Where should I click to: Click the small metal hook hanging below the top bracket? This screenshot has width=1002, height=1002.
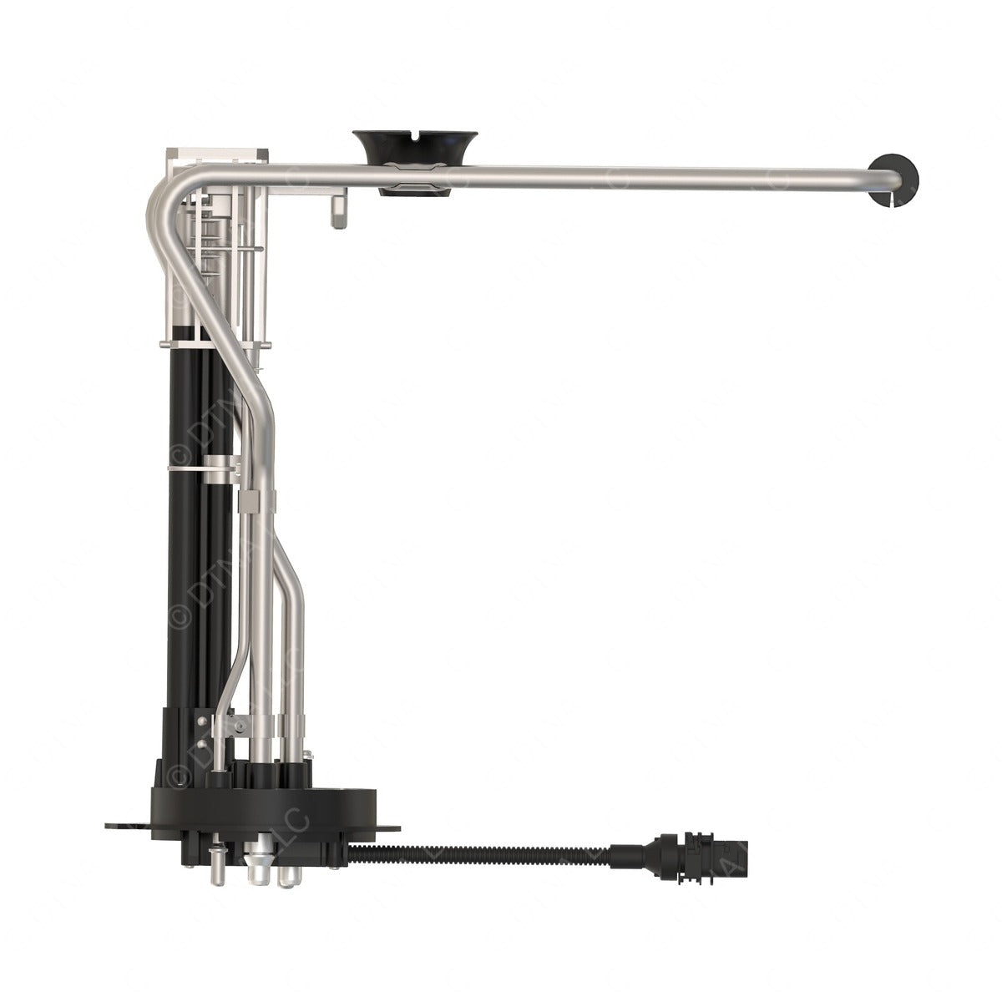click(339, 209)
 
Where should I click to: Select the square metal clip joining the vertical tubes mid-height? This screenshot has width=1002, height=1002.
click(250, 501)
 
